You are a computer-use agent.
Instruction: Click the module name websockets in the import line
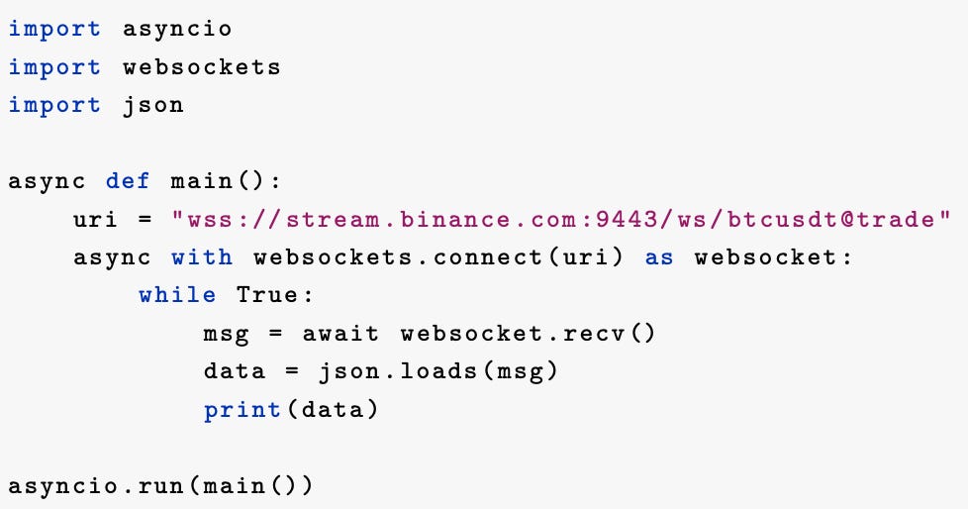[x=202, y=67]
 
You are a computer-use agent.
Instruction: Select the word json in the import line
[x=153, y=105]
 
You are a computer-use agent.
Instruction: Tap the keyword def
[x=129, y=181]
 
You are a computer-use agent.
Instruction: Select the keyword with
[x=202, y=257]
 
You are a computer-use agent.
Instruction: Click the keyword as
[x=659, y=257]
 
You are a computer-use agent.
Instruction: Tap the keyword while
[x=177, y=295]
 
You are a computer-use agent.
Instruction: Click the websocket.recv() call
[x=528, y=334]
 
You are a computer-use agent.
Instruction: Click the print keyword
[x=242, y=409]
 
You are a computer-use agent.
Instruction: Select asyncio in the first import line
[x=177, y=29]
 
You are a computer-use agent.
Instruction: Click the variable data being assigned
[x=235, y=371]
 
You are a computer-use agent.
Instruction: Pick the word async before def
[x=48, y=181]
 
